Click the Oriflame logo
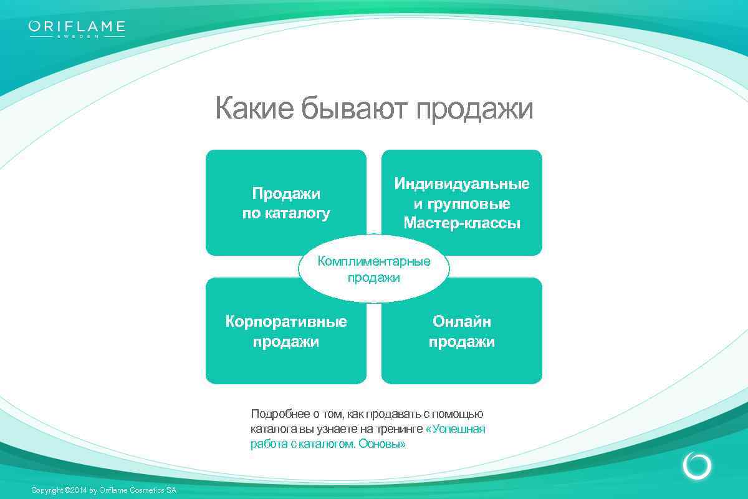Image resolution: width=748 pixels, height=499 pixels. click(x=77, y=29)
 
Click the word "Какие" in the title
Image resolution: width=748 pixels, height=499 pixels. click(x=254, y=109)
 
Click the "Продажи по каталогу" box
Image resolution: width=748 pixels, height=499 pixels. click(x=285, y=181)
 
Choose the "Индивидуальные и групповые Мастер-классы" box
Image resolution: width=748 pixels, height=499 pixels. click(x=462, y=175)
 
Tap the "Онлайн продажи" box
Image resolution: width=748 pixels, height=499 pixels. click(x=462, y=362)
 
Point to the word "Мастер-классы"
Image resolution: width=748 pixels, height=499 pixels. click(x=462, y=223)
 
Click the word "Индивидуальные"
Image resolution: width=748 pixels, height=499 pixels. click(x=462, y=183)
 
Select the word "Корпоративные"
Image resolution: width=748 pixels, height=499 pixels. click(x=285, y=322)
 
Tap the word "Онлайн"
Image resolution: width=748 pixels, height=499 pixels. click(x=462, y=322)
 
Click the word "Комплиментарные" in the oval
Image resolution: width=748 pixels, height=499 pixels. click(x=373, y=261)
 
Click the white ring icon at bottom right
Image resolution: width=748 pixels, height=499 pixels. click(x=696, y=466)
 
